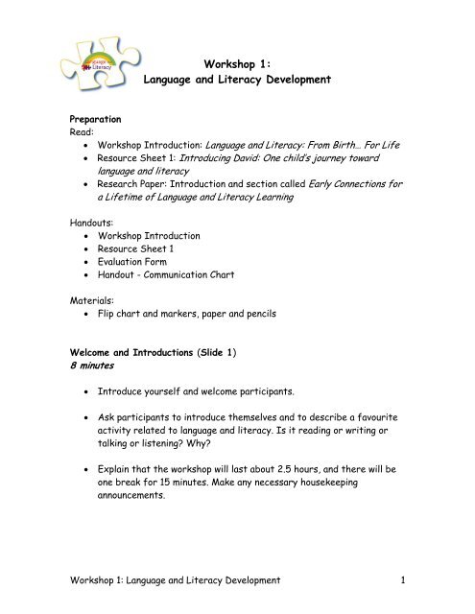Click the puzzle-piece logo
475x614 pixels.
click(99, 57)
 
